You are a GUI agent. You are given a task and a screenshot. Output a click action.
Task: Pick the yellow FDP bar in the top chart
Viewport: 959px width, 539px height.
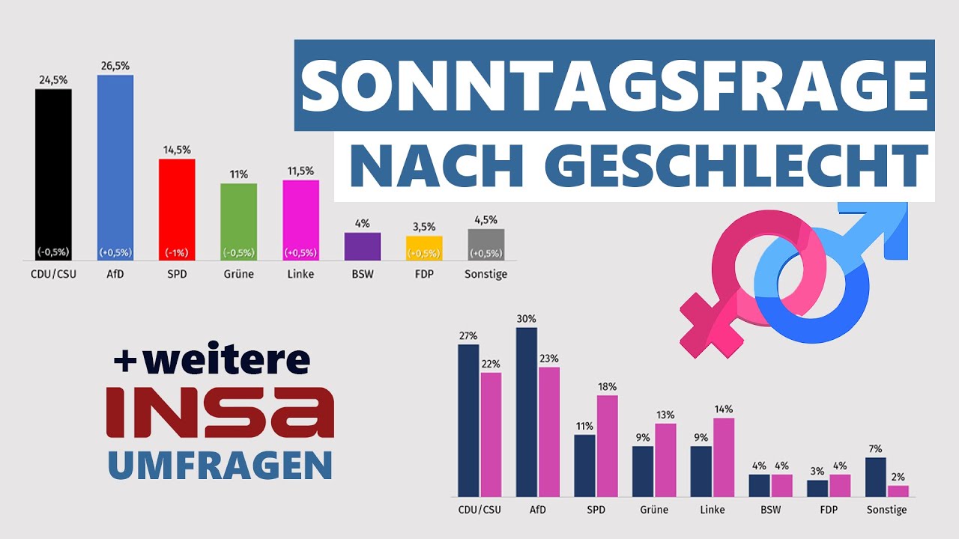coord(424,248)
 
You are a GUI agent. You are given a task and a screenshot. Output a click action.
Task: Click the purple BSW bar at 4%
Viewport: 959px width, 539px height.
coord(362,246)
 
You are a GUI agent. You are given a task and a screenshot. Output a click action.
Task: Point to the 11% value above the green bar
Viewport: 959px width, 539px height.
coord(239,174)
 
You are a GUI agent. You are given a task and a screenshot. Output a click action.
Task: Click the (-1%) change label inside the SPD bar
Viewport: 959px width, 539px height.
coord(177,252)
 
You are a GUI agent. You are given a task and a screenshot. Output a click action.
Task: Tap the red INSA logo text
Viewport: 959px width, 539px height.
coord(220,412)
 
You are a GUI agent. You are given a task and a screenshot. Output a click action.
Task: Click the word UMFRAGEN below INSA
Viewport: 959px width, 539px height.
coord(220,464)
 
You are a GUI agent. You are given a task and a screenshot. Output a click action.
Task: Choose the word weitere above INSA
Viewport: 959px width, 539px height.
coord(224,360)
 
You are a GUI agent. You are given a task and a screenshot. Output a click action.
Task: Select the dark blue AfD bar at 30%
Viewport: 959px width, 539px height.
coord(527,412)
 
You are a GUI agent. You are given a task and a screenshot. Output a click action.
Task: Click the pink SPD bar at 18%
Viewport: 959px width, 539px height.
coord(607,445)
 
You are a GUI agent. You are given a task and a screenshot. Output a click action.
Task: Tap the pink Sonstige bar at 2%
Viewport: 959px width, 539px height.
coord(898,491)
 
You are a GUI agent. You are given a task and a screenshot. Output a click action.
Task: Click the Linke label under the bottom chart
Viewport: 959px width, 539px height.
coord(711,510)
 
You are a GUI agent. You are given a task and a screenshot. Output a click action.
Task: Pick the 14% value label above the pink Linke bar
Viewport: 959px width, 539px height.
coord(724,409)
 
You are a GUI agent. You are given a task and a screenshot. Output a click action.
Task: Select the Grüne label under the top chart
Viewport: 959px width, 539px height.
coord(239,274)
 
